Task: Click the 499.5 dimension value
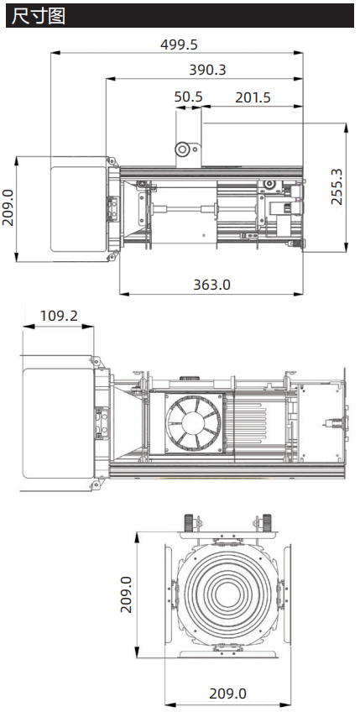pyautogui.click(x=179, y=44)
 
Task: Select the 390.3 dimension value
pyautogui.click(x=207, y=70)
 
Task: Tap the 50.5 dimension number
pyautogui.click(x=189, y=97)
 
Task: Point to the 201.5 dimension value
pyautogui.click(x=253, y=97)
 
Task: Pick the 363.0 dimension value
pyautogui.click(x=211, y=285)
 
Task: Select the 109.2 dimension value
pyautogui.click(x=59, y=315)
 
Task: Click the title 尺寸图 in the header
pyautogui.click(x=38, y=16)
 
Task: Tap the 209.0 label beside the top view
pyautogui.click(x=8, y=208)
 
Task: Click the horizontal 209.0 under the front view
pyautogui.click(x=227, y=694)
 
